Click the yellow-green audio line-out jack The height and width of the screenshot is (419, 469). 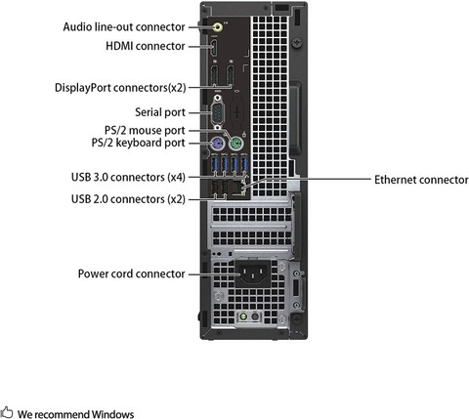pos(216,27)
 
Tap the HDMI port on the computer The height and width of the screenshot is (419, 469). pos(215,47)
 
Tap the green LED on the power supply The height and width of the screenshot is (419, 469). pos(241,317)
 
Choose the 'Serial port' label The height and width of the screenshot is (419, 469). pos(158,112)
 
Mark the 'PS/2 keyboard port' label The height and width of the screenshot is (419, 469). pos(137,143)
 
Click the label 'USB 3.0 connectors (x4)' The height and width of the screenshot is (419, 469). pos(128,177)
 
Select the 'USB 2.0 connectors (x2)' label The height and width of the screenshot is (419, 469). pos(128,199)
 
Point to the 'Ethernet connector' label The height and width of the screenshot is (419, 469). pos(421,181)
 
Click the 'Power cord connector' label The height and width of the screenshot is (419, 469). pos(131,273)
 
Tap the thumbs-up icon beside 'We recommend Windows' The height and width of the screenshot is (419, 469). pos(7,413)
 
